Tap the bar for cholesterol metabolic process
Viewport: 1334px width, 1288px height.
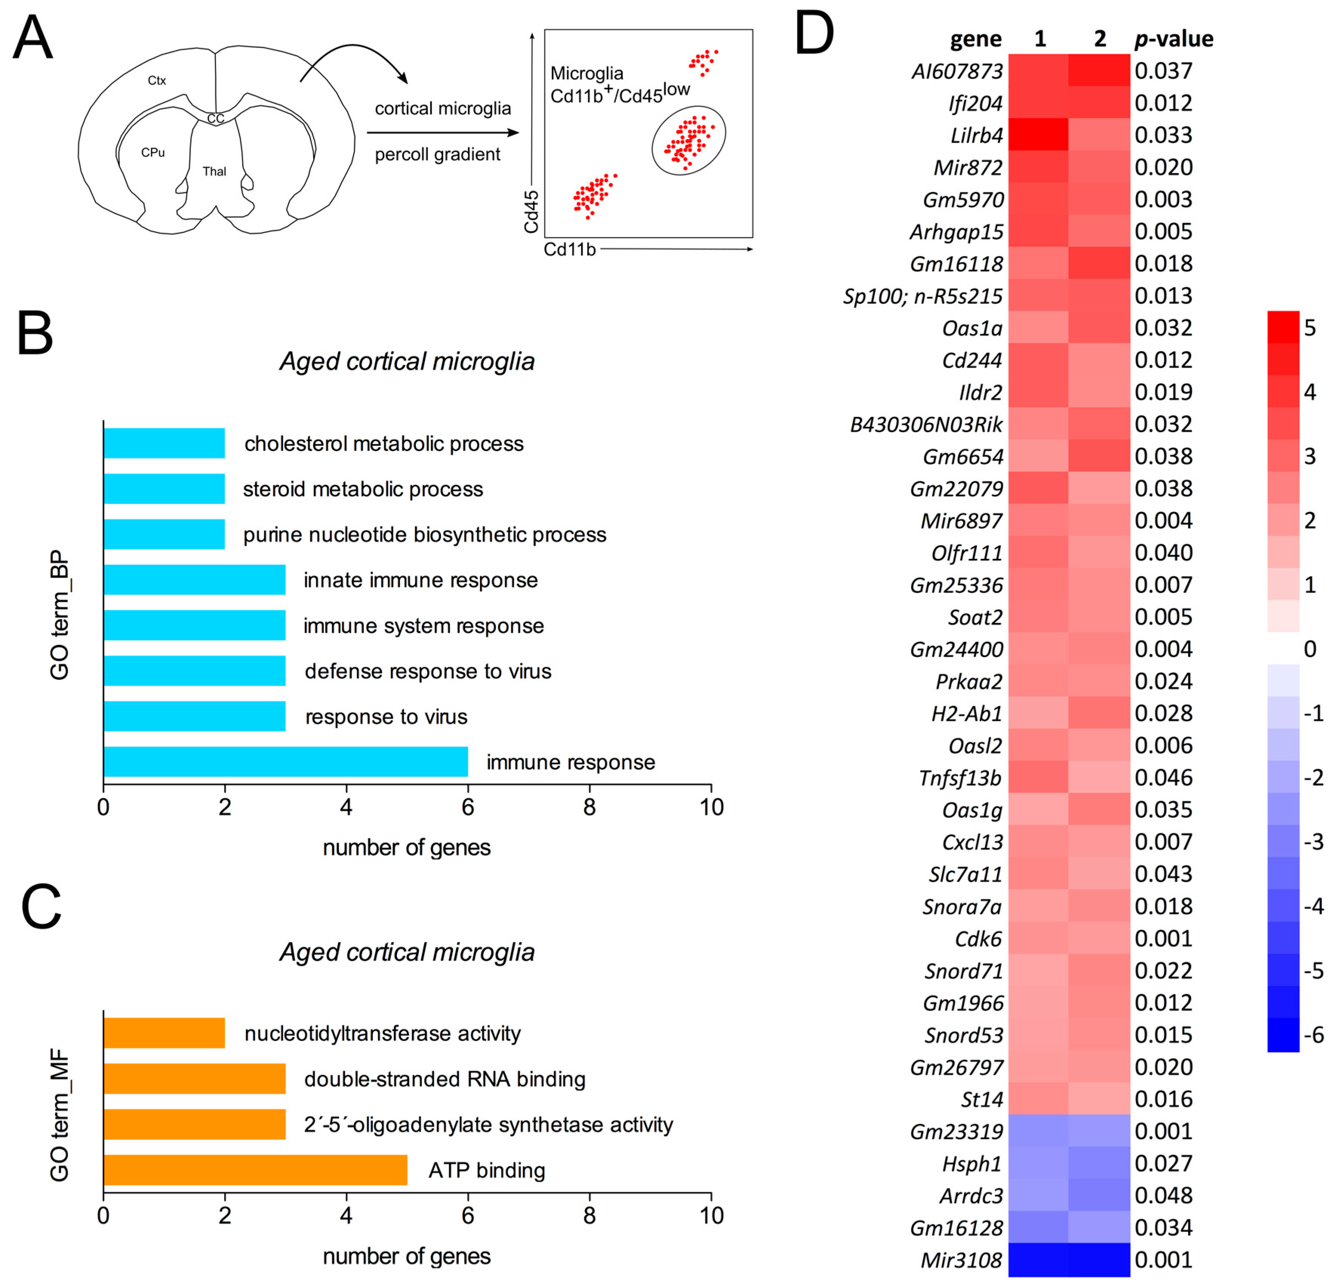pos(164,443)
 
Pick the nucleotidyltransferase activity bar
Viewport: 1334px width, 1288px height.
pos(164,1033)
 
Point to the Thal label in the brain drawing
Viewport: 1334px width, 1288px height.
pos(214,172)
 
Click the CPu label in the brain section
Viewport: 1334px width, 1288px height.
pos(153,152)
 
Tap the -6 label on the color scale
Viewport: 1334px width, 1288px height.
pos(1313,1036)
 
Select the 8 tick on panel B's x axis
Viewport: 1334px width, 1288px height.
pos(589,807)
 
